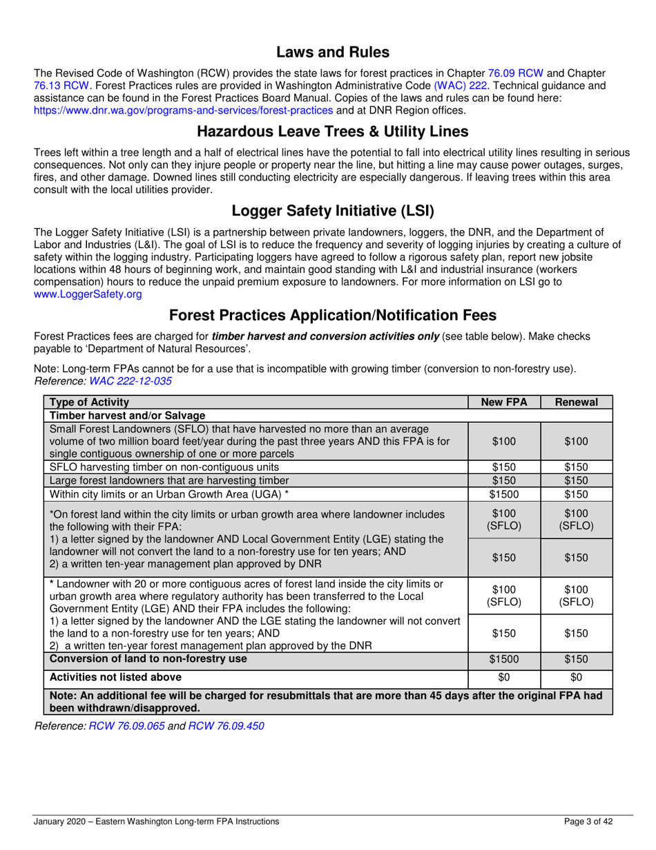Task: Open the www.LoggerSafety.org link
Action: tap(88, 294)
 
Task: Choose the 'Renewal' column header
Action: tap(576, 402)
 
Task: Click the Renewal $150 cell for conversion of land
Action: tap(576, 659)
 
